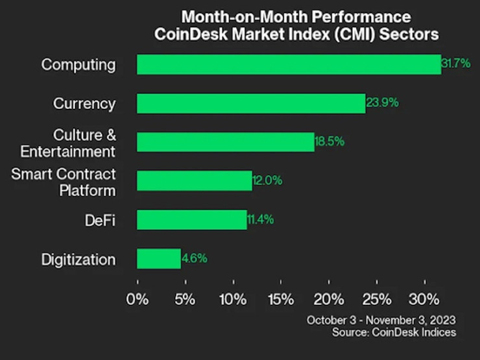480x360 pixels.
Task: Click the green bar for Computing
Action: pyautogui.click(x=289, y=64)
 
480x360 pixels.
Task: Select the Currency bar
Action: pyautogui.click(x=251, y=103)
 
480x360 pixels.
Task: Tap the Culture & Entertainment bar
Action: pyautogui.click(x=225, y=141)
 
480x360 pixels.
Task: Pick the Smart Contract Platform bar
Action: pyautogui.click(x=194, y=181)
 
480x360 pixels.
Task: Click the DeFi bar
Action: pyautogui.click(x=191, y=220)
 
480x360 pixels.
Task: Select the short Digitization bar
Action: pyautogui.click(x=158, y=259)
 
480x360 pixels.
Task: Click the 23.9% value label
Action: pyautogui.click(x=382, y=103)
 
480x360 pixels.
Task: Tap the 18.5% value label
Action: pyautogui.click(x=330, y=141)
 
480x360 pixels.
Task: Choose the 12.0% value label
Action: pyautogui.click(x=267, y=181)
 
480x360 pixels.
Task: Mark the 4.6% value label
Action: pyautogui.click(x=195, y=259)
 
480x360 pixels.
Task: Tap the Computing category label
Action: pyautogui.click(x=78, y=64)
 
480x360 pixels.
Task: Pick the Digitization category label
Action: pyautogui.click(x=78, y=259)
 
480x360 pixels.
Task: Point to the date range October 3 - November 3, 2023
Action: pyautogui.click(x=381, y=320)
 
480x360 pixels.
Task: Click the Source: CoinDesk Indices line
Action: pyautogui.click(x=394, y=332)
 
